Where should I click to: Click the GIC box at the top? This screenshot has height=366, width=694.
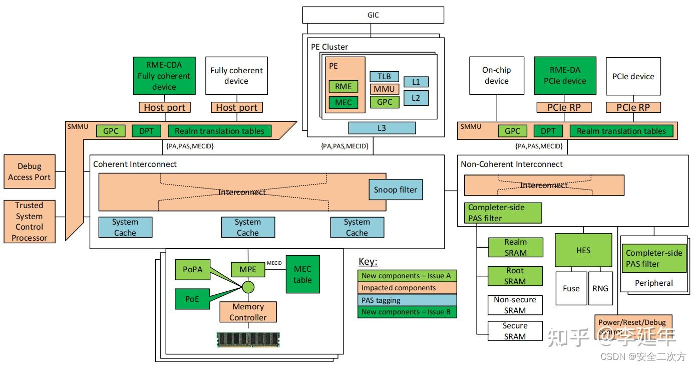(x=373, y=15)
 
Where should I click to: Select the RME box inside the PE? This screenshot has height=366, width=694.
(x=343, y=86)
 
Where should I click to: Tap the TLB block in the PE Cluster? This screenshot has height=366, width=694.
(x=384, y=77)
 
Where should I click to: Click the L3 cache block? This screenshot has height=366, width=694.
(x=382, y=128)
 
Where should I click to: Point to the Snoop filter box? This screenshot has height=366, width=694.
(x=395, y=190)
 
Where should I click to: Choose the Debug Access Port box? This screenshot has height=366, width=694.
(x=29, y=171)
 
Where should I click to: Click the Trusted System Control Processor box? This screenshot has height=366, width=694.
(x=29, y=221)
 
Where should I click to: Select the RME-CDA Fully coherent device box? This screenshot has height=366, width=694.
(x=164, y=76)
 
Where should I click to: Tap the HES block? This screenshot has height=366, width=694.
(x=583, y=250)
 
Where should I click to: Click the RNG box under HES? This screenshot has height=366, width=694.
(x=600, y=288)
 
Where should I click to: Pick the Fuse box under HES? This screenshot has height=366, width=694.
(x=571, y=288)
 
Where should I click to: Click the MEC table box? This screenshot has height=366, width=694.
(x=302, y=274)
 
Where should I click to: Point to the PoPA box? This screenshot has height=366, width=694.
(x=192, y=269)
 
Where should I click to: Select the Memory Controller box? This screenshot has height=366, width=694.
(x=248, y=312)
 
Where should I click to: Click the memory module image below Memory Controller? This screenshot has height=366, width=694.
(x=248, y=339)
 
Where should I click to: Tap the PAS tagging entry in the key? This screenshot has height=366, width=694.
(x=408, y=300)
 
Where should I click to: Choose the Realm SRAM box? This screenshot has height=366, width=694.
(x=515, y=247)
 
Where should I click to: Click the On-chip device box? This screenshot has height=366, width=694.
(x=496, y=76)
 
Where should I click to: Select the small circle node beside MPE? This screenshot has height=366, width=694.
(x=248, y=288)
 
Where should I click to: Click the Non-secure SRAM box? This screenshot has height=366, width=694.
(x=515, y=305)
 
